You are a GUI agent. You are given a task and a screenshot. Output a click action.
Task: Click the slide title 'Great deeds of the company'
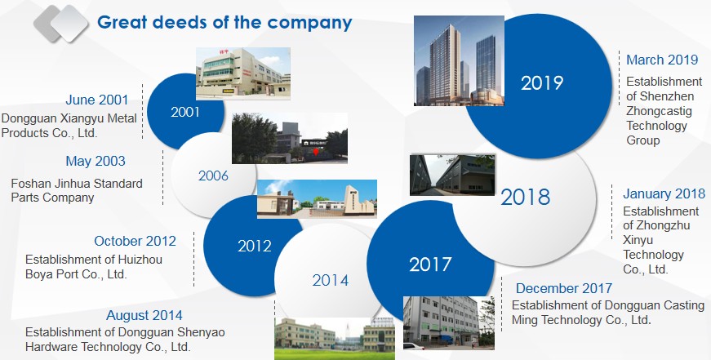pos(224,23)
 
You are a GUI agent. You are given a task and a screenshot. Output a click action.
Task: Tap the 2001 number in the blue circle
pos(185,112)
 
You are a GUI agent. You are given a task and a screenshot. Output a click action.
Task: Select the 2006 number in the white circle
pos(213,176)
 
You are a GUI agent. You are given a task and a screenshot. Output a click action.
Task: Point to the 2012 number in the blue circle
pos(255,246)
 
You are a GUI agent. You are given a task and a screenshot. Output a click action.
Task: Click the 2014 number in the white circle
pos(330,281)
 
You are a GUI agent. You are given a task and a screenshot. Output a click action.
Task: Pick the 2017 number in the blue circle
pos(430,264)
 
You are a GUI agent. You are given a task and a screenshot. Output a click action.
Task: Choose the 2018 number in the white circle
pos(526,198)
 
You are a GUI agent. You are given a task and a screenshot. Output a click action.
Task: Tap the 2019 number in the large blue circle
pos(542,83)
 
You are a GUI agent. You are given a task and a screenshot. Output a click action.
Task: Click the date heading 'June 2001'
pos(96,100)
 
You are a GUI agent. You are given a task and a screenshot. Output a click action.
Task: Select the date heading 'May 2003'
pos(96,161)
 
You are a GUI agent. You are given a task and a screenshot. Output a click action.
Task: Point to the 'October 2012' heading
pos(136,241)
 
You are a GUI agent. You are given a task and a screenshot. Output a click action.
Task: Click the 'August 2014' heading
pos(144,315)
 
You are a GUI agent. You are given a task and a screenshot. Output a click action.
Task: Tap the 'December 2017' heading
pos(563,288)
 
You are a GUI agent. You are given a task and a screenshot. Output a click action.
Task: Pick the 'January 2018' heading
pos(664,193)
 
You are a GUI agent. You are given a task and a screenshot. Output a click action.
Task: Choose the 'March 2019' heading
pos(662,60)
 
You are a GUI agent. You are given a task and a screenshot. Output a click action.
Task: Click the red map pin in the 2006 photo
pos(316,152)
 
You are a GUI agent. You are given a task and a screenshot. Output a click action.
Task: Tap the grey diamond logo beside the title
pos(60,24)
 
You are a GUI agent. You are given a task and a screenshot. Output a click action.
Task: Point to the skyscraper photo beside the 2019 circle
pos(459,60)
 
